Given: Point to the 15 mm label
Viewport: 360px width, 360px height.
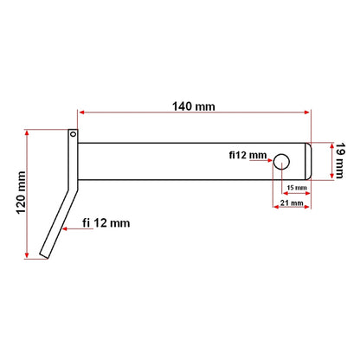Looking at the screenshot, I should coord(295,186).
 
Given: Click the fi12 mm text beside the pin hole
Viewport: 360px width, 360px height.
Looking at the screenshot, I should coord(247,155).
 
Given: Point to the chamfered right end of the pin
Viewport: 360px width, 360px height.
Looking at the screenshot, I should coord(309,160).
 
